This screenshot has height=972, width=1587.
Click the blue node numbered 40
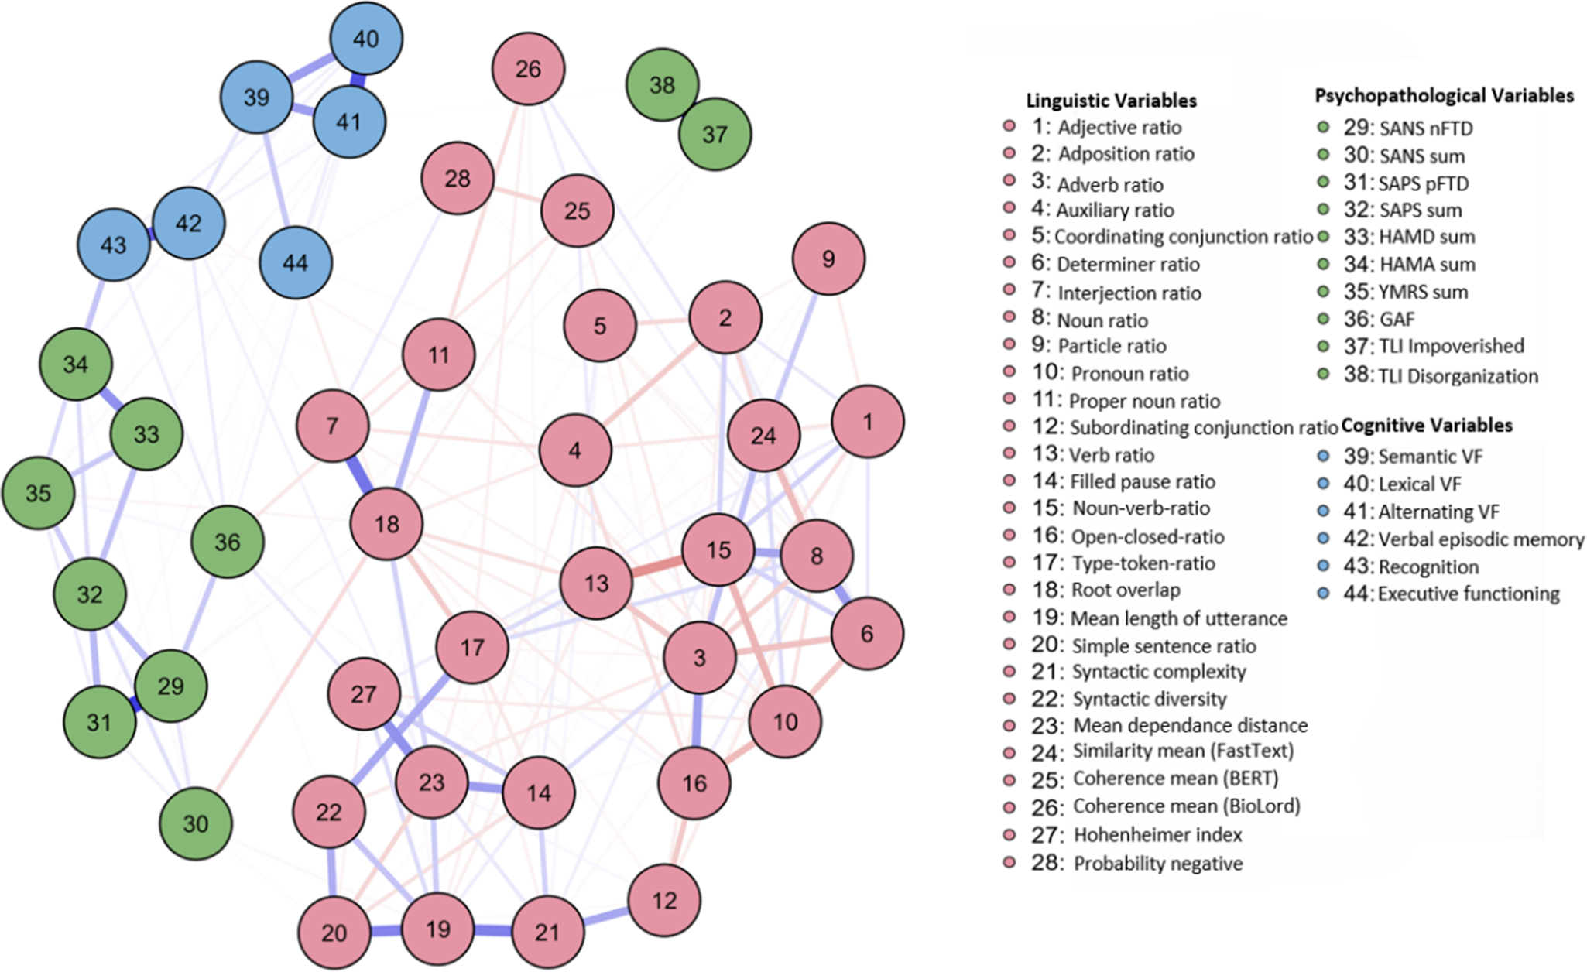(x=366, y=39)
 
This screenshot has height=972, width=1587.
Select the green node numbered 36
(x=228, y=542)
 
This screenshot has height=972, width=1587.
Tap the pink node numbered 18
(x=386, y=524)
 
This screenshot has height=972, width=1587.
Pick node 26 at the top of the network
(x=528, y=69)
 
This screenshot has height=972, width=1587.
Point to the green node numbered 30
(x=196, y=823)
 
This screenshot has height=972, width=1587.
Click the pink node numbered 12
(x=664, y=900)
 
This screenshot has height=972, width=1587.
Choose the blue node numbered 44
(x=296, y=263)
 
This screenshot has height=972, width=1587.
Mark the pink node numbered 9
(x=828, y=258)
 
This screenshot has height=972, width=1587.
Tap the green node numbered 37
(x=715, y=134)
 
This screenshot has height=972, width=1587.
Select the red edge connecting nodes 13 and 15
(x=657, y=567)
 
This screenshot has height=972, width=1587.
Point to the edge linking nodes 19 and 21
(x=492, y=931)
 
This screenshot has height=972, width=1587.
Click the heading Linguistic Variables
(x=1111, y=101)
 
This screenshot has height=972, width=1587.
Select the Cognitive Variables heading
(x=1427, y=425)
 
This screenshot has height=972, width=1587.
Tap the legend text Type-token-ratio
(x=1143, y=563)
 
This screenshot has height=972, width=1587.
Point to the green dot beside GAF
(x=1323, y=319)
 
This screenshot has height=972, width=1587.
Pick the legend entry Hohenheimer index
(x=1157, y=835)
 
